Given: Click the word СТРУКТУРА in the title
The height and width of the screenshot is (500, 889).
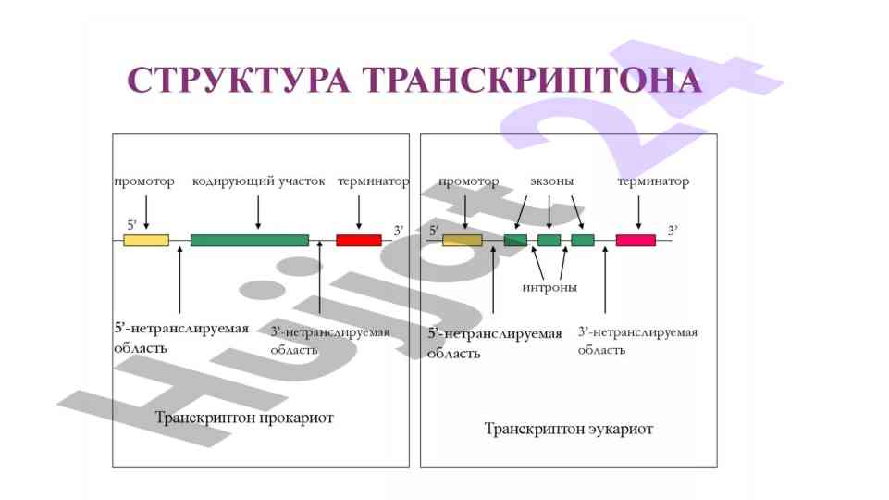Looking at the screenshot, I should pos(238,81).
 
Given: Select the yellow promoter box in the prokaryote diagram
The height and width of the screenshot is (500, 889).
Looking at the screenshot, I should pos(146,241).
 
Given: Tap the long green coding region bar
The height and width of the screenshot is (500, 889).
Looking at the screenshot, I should pos(250,241).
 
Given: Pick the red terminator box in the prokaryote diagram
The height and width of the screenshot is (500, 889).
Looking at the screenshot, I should pos(359,241).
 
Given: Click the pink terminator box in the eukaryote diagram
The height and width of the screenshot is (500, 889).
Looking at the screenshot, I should pos(636,241).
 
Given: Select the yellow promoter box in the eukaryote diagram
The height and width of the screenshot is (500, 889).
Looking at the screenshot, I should pos(463,241).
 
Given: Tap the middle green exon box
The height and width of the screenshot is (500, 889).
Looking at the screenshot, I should pos(549,241).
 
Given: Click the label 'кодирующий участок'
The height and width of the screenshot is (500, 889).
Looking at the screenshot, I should pos(258,181).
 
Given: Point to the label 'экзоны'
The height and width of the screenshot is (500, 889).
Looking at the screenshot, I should pos(551,181).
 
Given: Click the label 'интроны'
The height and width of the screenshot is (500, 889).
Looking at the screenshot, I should pos(549,287).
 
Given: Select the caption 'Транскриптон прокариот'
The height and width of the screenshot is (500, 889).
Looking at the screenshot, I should pos(244,419).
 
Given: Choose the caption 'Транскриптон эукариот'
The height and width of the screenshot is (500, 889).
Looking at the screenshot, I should pos(569,430).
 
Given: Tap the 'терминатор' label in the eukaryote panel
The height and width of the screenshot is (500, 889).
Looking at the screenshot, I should pos(653,181).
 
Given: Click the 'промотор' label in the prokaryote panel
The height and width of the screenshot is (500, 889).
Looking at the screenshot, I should pos(144,181).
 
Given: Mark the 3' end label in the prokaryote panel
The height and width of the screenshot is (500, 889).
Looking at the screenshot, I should pos(399,230).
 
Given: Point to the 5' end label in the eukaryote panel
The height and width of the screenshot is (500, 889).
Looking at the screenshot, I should pos(434,230).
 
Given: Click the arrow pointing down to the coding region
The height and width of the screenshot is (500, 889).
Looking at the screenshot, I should pos(258,212).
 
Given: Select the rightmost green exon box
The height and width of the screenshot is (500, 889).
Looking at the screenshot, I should pos(583,241).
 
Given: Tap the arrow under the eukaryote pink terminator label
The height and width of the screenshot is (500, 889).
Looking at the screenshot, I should pos(639,212).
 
